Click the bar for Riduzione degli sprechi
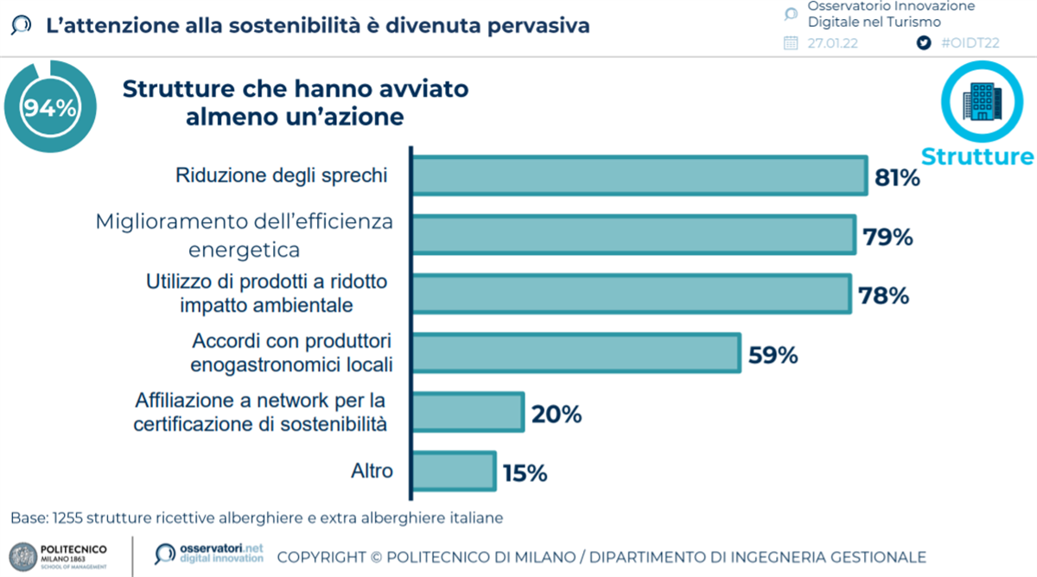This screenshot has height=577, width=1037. click(639, 176)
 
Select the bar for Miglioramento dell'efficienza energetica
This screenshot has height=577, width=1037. click(633, 235)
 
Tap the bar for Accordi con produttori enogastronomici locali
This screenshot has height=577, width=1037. click(576, 352)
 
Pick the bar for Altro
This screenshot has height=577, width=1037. click(454, 471)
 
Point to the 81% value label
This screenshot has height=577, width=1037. click(897, 179)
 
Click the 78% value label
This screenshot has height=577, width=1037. click(884, 296)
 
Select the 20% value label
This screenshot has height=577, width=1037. click(557, 415)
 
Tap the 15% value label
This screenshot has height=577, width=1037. click(524, 473)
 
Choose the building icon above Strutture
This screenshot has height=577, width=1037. click(983, 101)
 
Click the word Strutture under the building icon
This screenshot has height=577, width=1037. click(977, 156)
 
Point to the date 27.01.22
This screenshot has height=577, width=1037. click(832, 43)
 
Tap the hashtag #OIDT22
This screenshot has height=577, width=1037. click(970, 43)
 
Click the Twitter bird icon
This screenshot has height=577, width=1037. click(924, 43)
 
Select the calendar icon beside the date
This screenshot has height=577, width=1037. click(791, 43)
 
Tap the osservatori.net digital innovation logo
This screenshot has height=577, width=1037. click(208, 554)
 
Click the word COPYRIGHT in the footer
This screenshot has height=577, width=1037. click(321, 557)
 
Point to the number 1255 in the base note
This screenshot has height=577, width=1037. click(69, 518)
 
